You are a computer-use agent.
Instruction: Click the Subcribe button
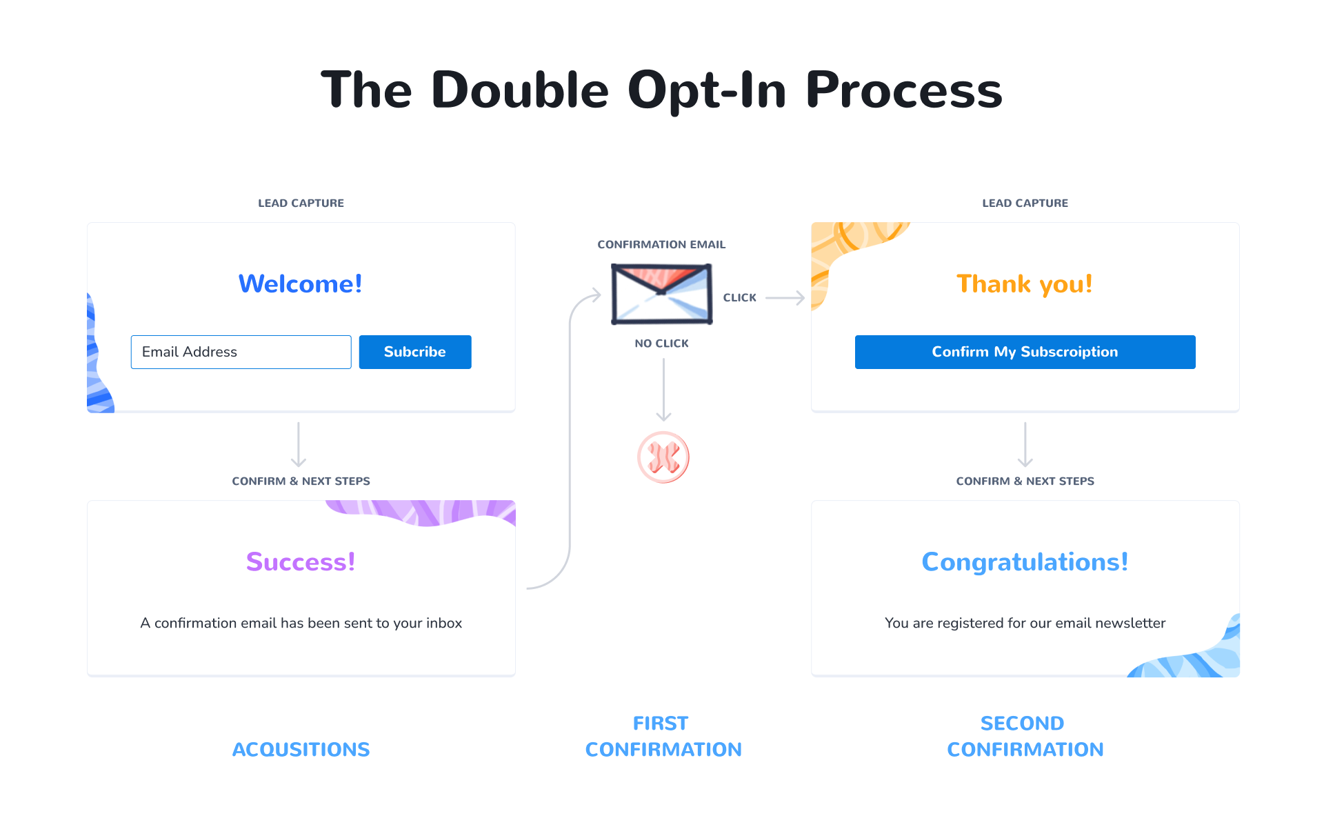click(x=414, y=352)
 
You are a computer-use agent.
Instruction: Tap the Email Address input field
click(x=241, y=352)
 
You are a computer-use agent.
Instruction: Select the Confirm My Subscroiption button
click(x=1025, y=352)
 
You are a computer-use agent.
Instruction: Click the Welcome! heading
click(x=300, y=283)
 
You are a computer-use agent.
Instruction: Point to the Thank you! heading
click(x=1024, y=283)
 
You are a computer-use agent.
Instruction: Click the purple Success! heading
click(x=301, y=561)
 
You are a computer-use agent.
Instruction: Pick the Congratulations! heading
click(x=1025, y=561)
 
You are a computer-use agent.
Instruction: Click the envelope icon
click(x=661, y=294)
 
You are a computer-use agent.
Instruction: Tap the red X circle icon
click(x=663, y=457)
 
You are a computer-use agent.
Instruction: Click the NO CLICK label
click(x=661, y=344)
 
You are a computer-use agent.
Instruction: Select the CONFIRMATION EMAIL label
click(x=661, y=245)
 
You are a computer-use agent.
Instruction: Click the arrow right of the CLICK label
click(x=785, y=298)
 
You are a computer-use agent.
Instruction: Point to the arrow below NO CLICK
click(x=663, y=390)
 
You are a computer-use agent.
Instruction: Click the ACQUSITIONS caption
click(x=301, y=749)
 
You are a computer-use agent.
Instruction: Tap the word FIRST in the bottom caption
click(x=661, y=723)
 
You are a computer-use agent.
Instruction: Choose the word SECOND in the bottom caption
click(x=1022, y=723)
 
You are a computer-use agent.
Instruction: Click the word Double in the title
click(x=520, y=90)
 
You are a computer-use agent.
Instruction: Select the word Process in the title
click(x=903, y=90)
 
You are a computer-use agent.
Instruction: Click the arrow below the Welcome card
click(x=299, y=445)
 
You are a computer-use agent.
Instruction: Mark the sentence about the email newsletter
click(x=1025, y=623)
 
